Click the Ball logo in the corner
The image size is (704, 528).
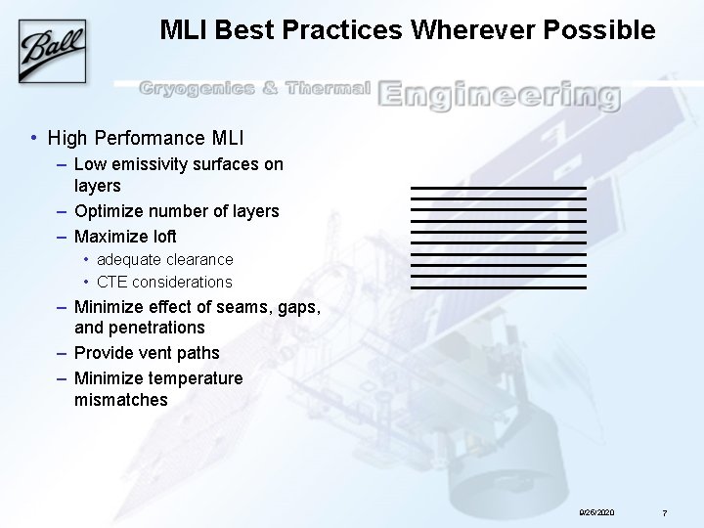(x=52, y=46)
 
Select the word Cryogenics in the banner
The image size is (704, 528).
(x=197, y=90)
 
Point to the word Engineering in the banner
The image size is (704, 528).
(x=499, y=94)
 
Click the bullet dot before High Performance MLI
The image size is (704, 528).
(x=34, y=138)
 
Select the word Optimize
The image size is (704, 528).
(x=110, y=210)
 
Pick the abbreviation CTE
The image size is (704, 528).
(x=112, y=282)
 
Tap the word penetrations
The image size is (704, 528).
(x=156, y=327)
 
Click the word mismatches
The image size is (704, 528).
(x=120, y=399)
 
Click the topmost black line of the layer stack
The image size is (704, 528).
(x=498, y=187)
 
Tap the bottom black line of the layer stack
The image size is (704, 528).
(x=498, y=287)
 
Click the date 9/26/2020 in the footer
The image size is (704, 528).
(x=596, y=511)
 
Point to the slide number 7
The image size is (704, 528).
(x=664, y=512)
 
